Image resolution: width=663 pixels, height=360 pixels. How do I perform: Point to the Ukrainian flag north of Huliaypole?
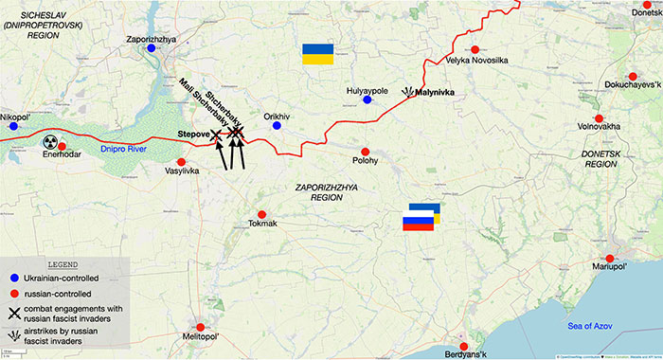pos(315,53)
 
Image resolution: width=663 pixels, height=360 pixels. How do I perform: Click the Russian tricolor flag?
pos(418,224)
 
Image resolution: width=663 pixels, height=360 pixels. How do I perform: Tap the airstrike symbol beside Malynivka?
pos(408,92)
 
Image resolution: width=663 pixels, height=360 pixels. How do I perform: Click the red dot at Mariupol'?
pos(611,259)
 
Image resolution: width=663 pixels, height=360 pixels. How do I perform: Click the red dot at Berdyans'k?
pos(463,346)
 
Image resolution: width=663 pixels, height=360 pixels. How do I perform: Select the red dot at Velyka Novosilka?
pos(474,49)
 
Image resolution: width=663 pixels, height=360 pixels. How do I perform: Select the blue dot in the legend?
pos(14,277)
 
